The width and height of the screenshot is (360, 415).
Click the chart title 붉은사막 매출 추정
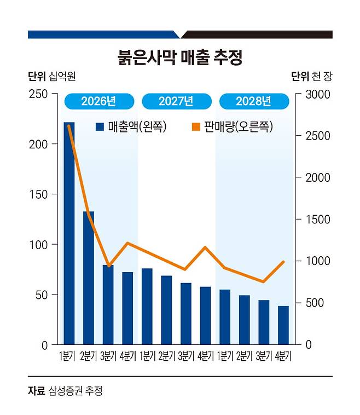coord(179,57)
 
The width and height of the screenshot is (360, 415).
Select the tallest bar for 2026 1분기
coord(69,233)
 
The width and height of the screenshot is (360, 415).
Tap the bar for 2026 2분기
coord(89,278)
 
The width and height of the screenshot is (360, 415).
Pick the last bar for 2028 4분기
coord(283,325)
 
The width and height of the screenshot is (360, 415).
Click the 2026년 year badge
coord(98,101)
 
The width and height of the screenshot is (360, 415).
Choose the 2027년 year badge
coord(176,101)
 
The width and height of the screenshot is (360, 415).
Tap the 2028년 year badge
coord(253,101)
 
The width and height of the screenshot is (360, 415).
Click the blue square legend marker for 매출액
coord(100,127)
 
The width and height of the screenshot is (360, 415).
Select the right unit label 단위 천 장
coord(311,76)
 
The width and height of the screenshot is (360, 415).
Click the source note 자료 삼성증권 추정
coord(65,391)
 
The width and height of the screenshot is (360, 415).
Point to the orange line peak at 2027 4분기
coord(205,247)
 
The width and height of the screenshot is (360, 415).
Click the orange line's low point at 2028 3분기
coord(264,282)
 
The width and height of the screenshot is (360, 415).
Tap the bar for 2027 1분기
coord(147,306)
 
